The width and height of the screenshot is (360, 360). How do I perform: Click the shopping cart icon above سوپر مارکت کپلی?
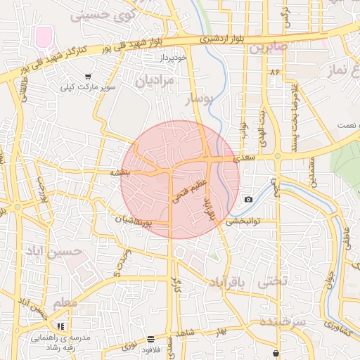point(87,76)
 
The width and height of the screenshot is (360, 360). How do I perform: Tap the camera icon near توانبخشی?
point(248,200)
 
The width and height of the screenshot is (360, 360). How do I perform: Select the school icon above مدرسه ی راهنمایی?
point(61,326)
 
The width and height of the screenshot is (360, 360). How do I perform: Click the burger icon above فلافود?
point(152,339)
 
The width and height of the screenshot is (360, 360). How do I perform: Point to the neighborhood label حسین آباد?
point(49,251)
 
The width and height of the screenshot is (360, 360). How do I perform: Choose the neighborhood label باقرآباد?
point(229,283)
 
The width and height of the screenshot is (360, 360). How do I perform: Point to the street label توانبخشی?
point(243,221)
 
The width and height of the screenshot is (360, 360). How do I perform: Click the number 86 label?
point(274,72)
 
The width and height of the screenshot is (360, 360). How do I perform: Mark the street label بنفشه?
point(120,172)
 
